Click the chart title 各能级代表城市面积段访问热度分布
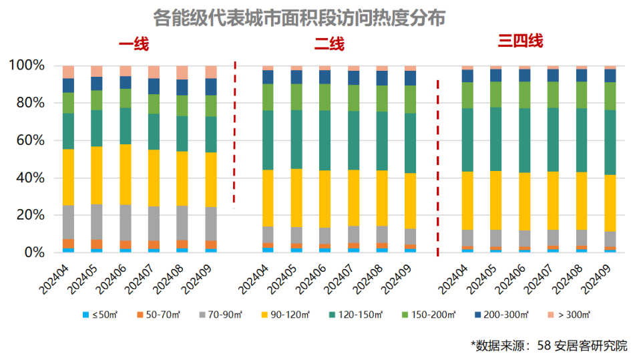(x=298, y=17)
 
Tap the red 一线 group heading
(x=134, y=45)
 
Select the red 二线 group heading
(x=329, y=45)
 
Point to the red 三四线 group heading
(x=520, y=41)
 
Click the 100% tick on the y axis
(x=26, y=65)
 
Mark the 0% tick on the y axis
(x=33, y=252)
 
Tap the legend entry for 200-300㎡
(x=502, y=314)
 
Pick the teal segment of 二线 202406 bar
(x=325, y=140)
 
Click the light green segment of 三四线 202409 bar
(x=610, y=96)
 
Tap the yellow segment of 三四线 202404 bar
(x=467, y=200)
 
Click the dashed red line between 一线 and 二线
(x=234, y=134)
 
